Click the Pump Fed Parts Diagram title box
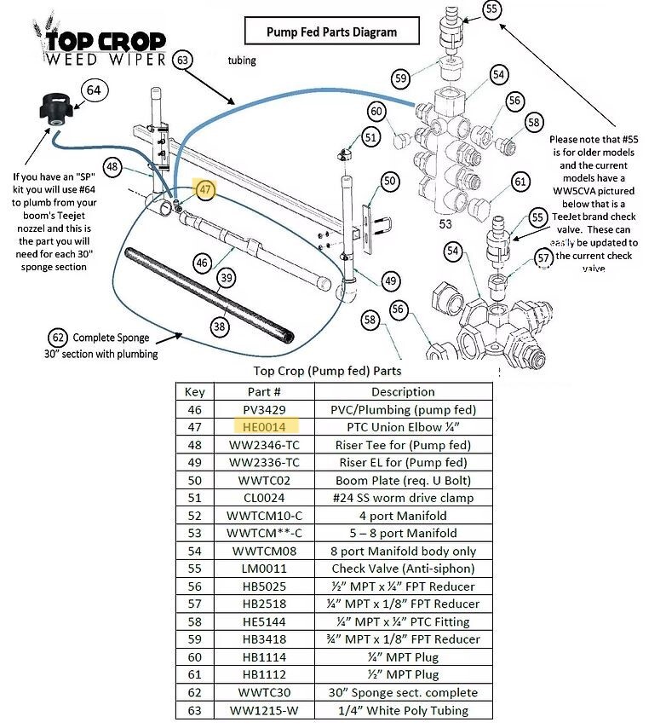pyautogui.click(x=331, y=32)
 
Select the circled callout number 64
pyautogui.click(x=94, y=90)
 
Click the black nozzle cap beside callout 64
pyautogui.click(x=53, y=114)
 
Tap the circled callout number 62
pyautogui.click(x=58, y=337)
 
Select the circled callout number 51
pyautogui.click(x=369, y=136)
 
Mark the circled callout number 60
pyautogui.click(x=376, y=111)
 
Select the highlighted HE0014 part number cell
pyautogui.click(x=264, y=427)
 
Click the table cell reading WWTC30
pyautogui.click(x=264, y=692)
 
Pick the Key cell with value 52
pyautogui.click(x=194, y=516)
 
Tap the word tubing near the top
pyautogui.click(x=242, y=61)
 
